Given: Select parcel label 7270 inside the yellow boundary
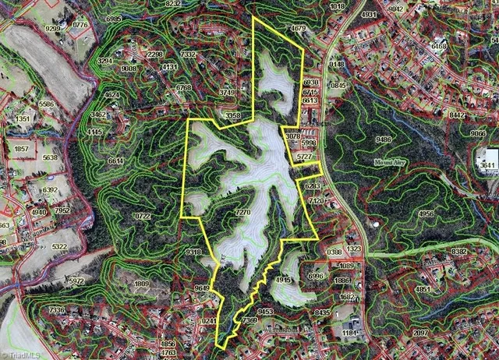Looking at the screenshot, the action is click(242, 212).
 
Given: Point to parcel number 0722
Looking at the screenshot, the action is click(141, 216).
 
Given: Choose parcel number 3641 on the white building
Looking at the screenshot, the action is click(489, 165).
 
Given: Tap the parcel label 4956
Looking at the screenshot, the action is click(426, 214).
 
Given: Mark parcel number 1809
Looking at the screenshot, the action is click(141, 284).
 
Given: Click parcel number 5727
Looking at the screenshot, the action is click(304, 157).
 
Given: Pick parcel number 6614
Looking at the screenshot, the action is click(116, 161).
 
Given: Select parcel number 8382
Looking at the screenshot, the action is click(459, 252).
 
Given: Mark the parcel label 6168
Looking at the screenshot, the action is click(439, 47).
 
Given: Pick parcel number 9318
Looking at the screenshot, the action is click(193, 252).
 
